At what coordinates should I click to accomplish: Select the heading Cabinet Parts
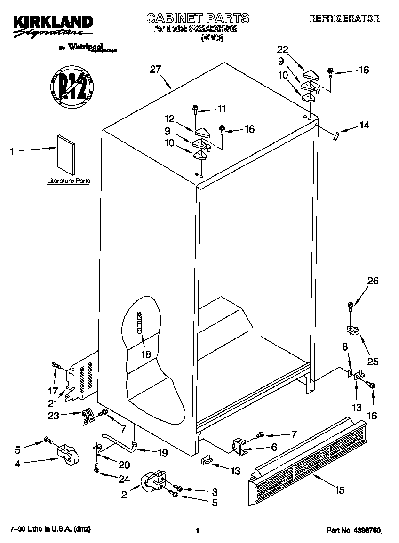tap(198, 18)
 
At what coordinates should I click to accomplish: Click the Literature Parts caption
tap(68, 181)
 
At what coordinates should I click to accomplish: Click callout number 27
tap(155, 70)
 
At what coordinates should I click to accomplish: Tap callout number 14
tap(364, 125)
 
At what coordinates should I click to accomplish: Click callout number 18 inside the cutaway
tap(146, 354)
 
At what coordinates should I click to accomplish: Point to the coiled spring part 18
tap(139, 323)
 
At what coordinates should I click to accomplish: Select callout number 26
tap(373, 282)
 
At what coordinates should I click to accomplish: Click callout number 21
tap(52, 403)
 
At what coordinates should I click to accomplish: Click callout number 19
tap(163, 453)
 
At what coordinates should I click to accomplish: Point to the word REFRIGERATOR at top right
tap(344, 19)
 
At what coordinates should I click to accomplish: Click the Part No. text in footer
tap(353, 530)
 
